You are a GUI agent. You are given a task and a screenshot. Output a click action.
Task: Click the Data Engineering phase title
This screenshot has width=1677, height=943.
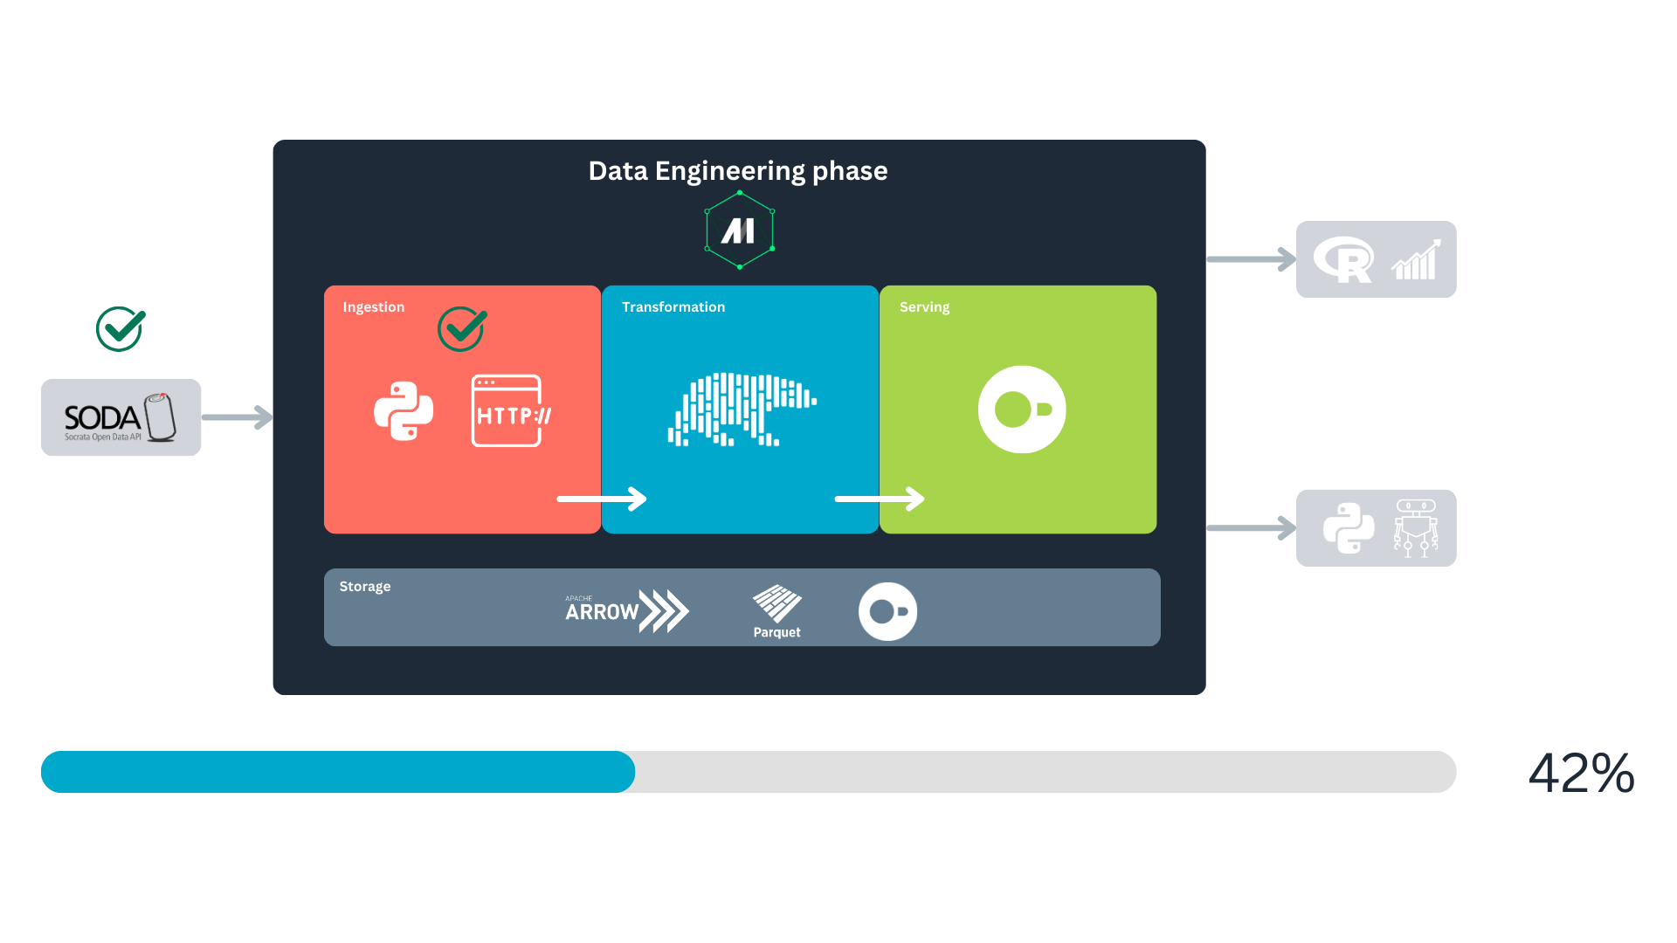tap(738, 171)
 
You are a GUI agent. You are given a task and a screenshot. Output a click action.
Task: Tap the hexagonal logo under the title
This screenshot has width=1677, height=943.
tap(740, 231)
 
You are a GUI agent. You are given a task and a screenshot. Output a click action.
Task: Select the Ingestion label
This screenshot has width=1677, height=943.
tap(374, 307)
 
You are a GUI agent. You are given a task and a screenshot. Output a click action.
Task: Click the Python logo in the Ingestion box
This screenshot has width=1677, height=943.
tap(404, 411)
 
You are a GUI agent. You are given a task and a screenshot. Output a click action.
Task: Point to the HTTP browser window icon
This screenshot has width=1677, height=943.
tap(511, 410)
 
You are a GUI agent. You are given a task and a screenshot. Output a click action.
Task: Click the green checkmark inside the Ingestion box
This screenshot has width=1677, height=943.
tap(462, 329)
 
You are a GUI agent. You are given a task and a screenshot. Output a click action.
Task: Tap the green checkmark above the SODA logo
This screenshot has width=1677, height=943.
tap(121, 329)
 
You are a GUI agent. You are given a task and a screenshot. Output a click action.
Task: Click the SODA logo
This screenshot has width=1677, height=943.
tap(121, 417)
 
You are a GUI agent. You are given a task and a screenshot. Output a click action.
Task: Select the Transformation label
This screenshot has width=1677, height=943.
tap(673, 307)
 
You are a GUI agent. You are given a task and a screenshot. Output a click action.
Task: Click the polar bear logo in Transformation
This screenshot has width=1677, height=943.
tap(742, 410)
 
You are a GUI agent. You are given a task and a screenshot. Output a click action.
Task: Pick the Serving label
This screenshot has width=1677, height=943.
tap(924, 307)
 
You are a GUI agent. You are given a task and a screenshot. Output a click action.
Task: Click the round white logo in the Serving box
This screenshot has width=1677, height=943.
tap(1022, 410)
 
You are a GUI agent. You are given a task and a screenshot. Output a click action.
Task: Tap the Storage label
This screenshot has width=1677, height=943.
tap(365, 587)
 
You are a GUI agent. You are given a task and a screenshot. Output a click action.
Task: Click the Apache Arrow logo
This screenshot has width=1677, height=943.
tap(627, 610)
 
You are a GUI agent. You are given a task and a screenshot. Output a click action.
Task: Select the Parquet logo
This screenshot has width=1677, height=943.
tap(776, 612)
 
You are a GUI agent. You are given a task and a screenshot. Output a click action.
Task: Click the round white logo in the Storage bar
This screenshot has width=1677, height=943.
tap(887, 612)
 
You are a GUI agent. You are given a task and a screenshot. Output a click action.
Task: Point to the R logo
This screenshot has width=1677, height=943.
tap(1343, 260)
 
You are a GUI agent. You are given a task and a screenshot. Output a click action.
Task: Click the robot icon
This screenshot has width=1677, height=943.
tap(1416, 528)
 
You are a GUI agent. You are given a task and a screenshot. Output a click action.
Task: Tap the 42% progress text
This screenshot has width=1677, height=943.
tap(1582, 773)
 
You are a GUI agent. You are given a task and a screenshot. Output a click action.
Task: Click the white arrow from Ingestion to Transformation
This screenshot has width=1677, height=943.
tap(602, 499)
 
